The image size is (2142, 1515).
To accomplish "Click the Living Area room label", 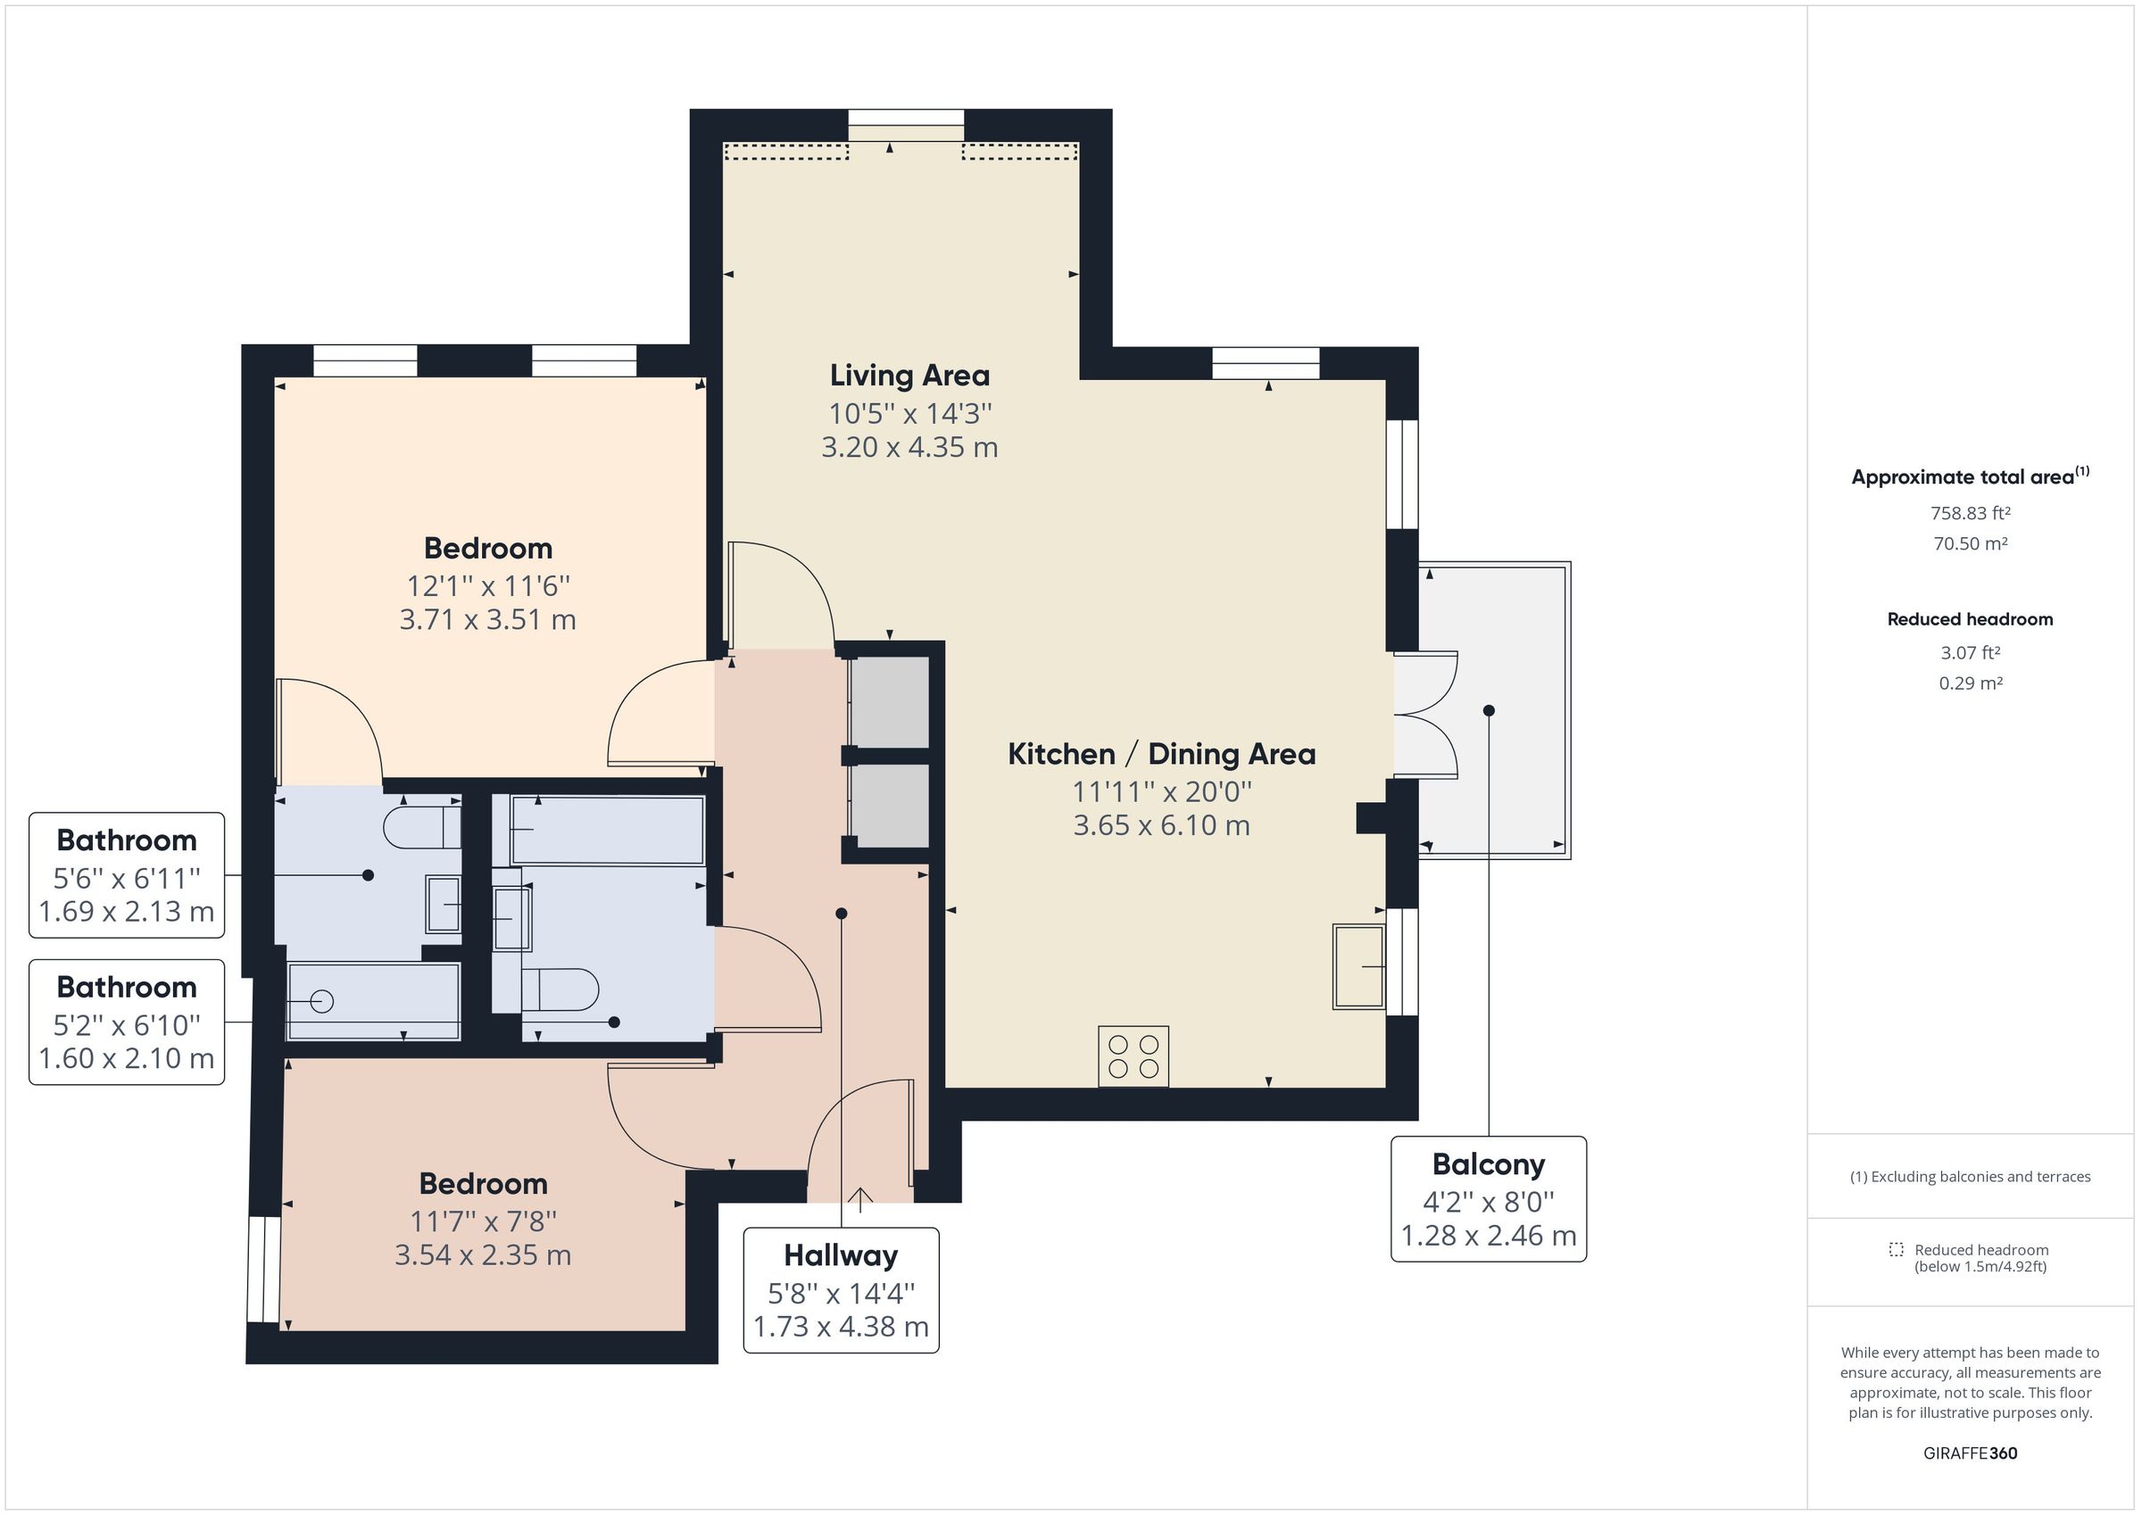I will (909, 376).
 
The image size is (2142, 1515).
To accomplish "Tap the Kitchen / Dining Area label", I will (1160, 754).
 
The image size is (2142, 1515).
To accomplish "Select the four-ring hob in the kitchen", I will (1133, 1056).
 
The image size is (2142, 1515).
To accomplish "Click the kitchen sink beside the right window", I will (1358, 966).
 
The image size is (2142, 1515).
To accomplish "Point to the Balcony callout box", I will (1487, 1199).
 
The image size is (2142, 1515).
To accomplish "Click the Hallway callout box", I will (841, 1290).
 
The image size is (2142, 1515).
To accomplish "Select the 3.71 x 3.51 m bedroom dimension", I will (487, 619).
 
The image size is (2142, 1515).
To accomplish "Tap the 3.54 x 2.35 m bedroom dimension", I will (482, 1254).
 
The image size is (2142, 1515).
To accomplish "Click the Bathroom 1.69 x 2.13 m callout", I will (127, 875).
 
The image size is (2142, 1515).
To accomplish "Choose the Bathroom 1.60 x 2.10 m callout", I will (127, 1022).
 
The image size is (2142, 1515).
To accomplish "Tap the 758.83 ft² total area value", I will (1970, 513).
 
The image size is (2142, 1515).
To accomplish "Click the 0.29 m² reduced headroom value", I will (1970, 683).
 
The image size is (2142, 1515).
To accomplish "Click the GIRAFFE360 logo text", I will (1970, 1453).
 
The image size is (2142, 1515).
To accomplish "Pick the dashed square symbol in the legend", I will (1896, 1249).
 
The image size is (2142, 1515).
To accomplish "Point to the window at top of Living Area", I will (905, 125).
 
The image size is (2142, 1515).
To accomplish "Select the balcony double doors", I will (1424, 715).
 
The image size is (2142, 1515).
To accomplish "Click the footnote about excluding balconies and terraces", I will (1970, 1176).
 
